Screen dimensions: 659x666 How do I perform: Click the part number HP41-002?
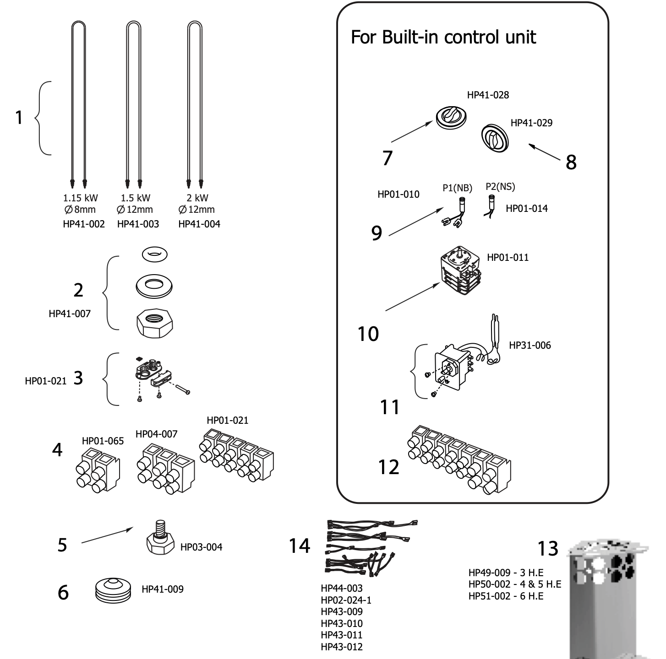(84, 224)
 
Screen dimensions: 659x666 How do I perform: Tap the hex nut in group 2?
(154, 323)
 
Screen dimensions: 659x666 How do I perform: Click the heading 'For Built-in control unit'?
(443, 37)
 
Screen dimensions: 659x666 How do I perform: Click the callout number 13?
(548, 548)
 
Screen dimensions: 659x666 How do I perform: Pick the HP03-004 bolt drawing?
(160, 538)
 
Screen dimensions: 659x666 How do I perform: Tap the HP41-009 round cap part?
(113, 589)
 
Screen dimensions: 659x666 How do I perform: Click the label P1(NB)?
(457, 188)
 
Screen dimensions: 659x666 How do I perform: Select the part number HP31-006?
(530, 346)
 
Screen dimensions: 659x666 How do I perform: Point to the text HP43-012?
(342, 647)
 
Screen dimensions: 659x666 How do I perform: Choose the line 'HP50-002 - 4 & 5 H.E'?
(514, 584)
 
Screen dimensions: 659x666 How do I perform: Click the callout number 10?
(368, 334)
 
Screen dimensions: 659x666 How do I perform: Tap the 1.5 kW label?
(136, 198)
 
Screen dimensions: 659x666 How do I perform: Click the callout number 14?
(300, 546)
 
